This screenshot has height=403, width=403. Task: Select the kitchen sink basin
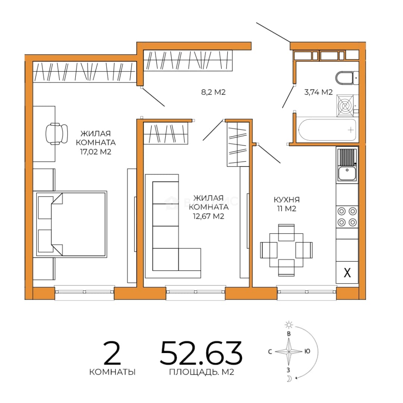coord(347,173)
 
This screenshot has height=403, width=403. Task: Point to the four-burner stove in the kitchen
coord(347,217)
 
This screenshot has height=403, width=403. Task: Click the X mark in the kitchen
coord(347,273)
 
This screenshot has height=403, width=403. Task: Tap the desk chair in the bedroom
coord(57,134)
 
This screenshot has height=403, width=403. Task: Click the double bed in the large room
coord(71,224)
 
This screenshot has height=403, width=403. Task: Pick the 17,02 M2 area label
coord(96,152)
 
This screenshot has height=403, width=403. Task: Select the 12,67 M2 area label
coord(209,216)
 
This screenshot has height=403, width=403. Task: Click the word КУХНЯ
coord(287,200)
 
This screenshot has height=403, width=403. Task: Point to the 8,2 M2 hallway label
coord(213,92)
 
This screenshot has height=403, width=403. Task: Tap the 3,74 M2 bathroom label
coord(318,92)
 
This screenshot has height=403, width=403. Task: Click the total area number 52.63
coord(201,353)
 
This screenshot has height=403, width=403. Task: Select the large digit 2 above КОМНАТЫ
coord(112,353)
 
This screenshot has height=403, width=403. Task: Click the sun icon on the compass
coord(289,325)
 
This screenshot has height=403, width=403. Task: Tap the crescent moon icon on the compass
coord(290,378)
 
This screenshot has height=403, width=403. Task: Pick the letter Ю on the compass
coord(307,351)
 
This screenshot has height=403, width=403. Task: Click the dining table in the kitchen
coord(286,250)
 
